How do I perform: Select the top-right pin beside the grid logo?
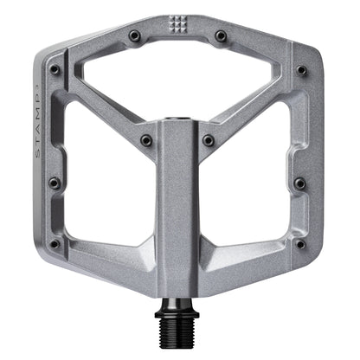(x=221, y=35)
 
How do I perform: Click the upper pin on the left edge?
(x=55, y=68)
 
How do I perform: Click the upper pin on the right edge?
(x=301, y=69)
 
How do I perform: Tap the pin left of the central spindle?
(x=146, y=138)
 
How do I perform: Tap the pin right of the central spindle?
(x=209, y=138)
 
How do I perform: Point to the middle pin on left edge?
(x=54, y=183)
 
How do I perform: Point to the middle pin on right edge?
(x=299, y=183)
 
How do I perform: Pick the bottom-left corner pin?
(x=54, y=244)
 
